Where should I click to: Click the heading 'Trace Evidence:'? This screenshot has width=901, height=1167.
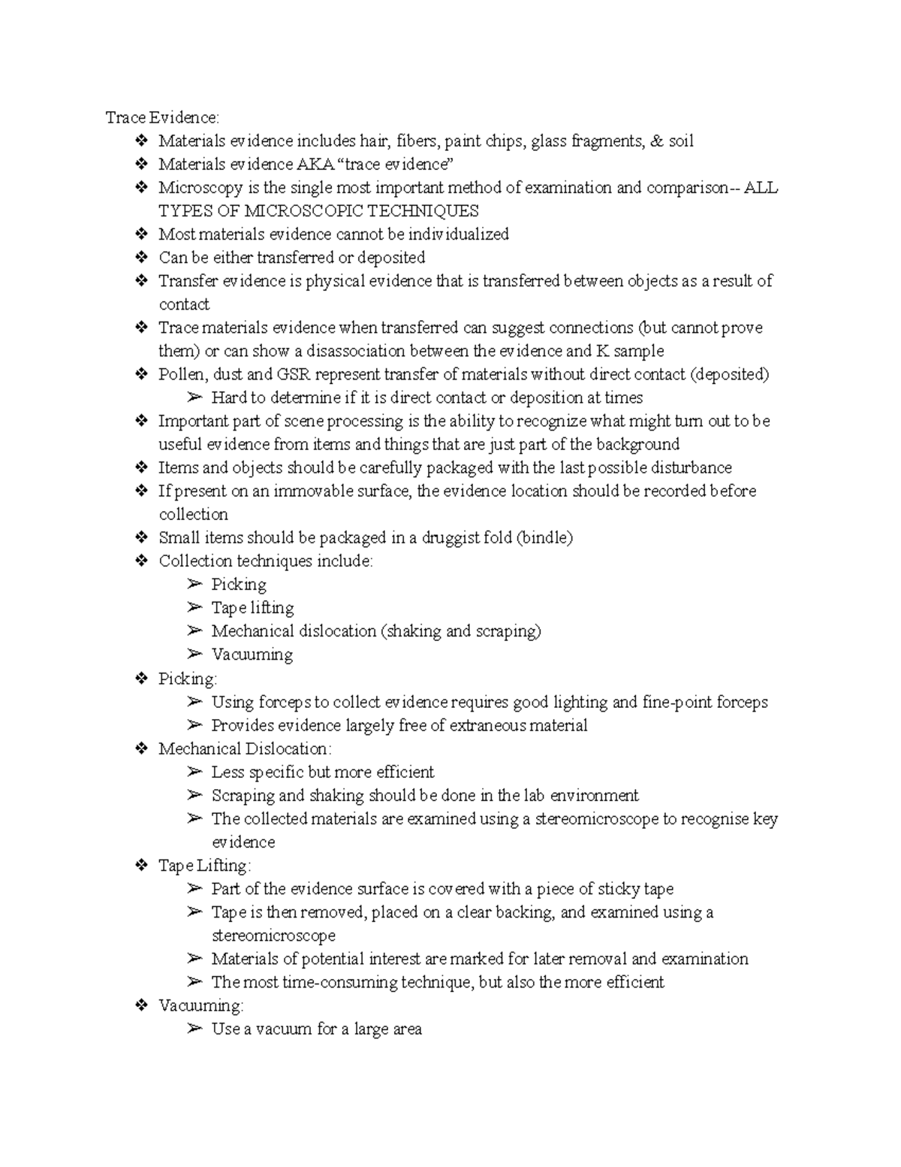pyautogui.click(x=162, y=117)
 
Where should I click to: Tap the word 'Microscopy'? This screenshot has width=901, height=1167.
pyautogui.click(x=200, y=188)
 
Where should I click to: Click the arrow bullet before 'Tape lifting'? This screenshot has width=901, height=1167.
pyautogui.click(x=195, y=607)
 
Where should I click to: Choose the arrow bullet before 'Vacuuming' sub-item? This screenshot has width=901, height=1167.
pyautogui.click(x=195, y=654)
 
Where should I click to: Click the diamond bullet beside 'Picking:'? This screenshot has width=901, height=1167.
pyautogui.click(x=141, y=679)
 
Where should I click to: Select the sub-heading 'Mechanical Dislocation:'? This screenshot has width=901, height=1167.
pyautogui.click(x=245, y=748)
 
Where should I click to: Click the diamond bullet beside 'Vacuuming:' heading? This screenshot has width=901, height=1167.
pyautogui.click(x=141, y=1005)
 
